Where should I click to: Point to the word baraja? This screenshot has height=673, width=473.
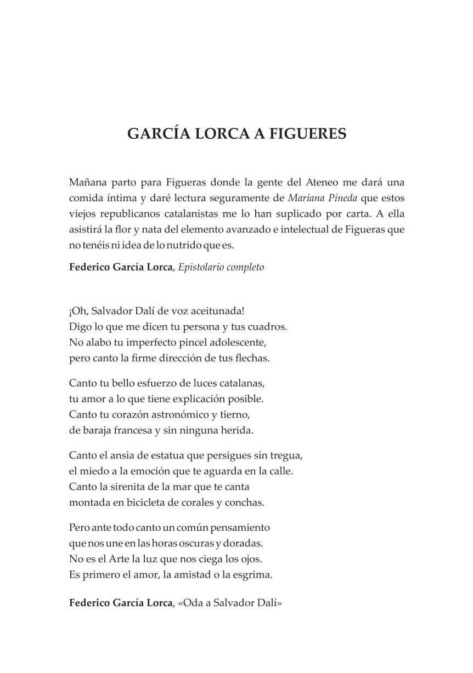pos(98,431)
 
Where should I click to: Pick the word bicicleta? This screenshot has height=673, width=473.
pos(147,502)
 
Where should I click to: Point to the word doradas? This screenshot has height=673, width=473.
pos(244,544)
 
